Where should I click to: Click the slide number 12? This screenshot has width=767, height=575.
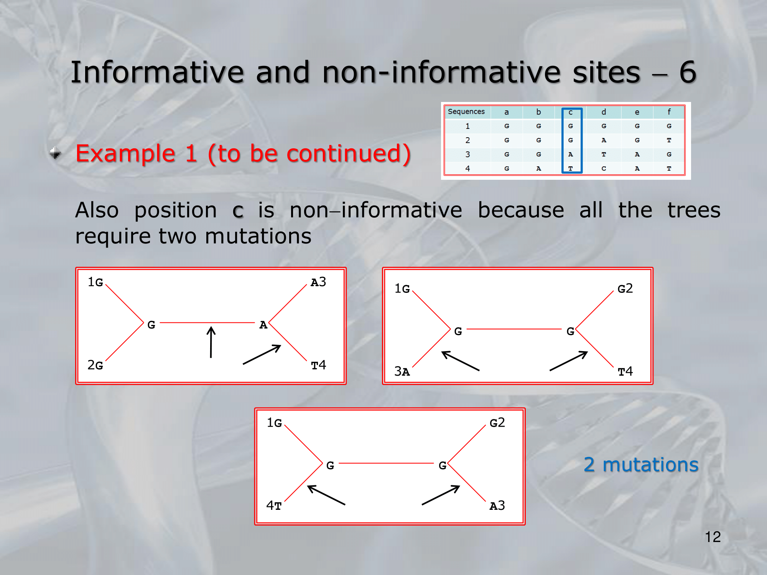click(x=713, y=537)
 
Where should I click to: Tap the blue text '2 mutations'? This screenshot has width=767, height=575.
click(x=641, y=464)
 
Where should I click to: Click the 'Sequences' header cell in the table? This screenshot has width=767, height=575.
click(x=466, y=112)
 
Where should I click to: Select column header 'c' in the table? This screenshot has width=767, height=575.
click(x=571, y=112)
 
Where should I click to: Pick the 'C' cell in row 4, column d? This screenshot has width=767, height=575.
click(x=604, y=169)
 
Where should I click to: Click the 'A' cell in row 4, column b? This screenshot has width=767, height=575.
click(x=538, y=169)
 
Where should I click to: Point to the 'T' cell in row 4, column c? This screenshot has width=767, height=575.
click(x=571, y=169)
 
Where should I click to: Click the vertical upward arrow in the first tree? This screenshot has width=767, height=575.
click(x=211, y=342)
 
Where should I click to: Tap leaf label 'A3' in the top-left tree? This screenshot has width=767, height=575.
click(x=318, y=282)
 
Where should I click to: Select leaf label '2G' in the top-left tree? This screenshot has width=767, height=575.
click(x=95, y=365)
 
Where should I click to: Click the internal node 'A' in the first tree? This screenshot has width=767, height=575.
click(x=263, y=325)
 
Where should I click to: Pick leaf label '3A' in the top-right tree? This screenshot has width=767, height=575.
click(x=402, y=371)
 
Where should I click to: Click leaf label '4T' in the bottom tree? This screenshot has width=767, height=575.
click(x=274, y=506)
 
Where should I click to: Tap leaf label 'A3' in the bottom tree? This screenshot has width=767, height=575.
click(x=497, y=506)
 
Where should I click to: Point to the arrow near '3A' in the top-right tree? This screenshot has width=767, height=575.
click(x=460, y=361)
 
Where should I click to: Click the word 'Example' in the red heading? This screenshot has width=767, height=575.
click(x=125, y=154)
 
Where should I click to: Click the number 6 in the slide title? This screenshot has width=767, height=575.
click(x=688, y=72)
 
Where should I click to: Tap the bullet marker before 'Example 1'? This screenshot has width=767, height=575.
click(x=55, y=153)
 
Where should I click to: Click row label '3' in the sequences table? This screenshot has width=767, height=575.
click(x=467, y=154)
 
